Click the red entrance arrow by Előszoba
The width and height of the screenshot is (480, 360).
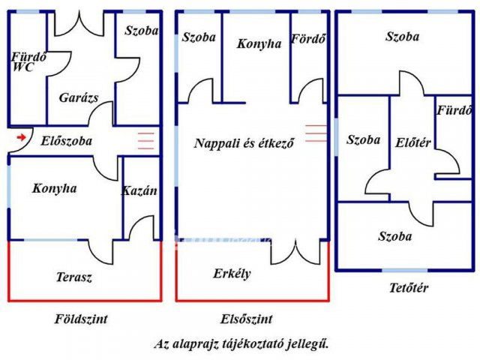coord(21,137)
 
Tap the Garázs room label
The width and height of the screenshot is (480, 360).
coord(79,97)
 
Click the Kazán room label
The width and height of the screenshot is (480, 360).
coord(139,190)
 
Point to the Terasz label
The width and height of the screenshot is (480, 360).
coord(74,277)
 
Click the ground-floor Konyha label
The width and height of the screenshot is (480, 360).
coord(54,188)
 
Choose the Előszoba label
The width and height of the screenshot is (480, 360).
coord(67,140)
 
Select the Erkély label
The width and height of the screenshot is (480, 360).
coord(232,274)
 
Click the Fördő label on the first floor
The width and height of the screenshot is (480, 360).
coord(309,39)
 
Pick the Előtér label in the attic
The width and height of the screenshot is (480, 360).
coord(412,142)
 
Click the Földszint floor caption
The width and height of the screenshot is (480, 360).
coord(82,319)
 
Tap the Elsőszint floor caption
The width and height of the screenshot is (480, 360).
coord(247,319)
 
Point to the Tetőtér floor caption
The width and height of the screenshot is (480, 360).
coord(409,287)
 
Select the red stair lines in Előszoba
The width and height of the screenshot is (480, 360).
coord(146,139)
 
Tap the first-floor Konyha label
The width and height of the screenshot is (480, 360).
coord(259,43)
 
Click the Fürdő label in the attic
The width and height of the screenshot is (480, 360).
coord(454,111)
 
